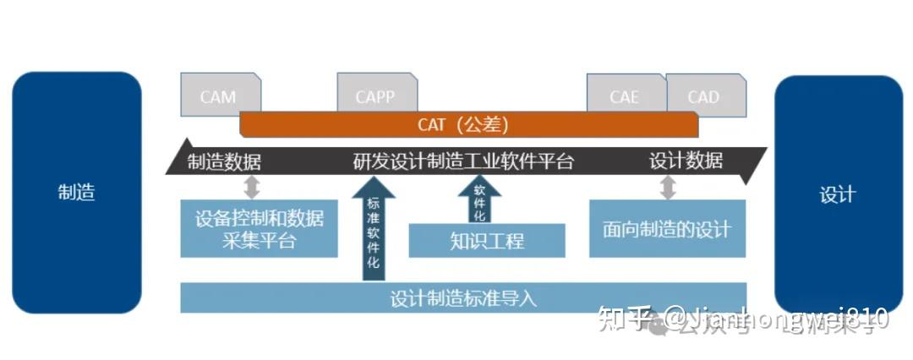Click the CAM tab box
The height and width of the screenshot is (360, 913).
[x=218, y=95]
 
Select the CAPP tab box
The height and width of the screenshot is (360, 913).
[x=375, y=95]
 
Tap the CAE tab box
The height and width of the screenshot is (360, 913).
[x=625, y=95]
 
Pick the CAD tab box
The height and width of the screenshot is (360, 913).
[x=704, y=95]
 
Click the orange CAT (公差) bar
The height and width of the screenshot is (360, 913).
[x=468, y=125]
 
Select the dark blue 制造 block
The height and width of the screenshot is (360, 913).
[x=76, y=193]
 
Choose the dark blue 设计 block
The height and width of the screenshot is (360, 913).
[x=838, y=194]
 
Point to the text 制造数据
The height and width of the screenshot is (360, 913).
[x=224, y=161]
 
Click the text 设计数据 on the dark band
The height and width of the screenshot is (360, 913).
[x=686, y=161]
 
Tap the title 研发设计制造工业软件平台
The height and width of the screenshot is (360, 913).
[x=463, y=161]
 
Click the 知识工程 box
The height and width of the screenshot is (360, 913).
[x=487, y=241]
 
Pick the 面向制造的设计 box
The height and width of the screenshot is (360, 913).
[x=667, y=229]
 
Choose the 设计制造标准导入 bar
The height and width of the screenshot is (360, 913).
[x=463, y=298]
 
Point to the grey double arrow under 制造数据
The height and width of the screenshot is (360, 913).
[x=251, y=187]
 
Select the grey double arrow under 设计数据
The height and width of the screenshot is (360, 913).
[x=667, y=187]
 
